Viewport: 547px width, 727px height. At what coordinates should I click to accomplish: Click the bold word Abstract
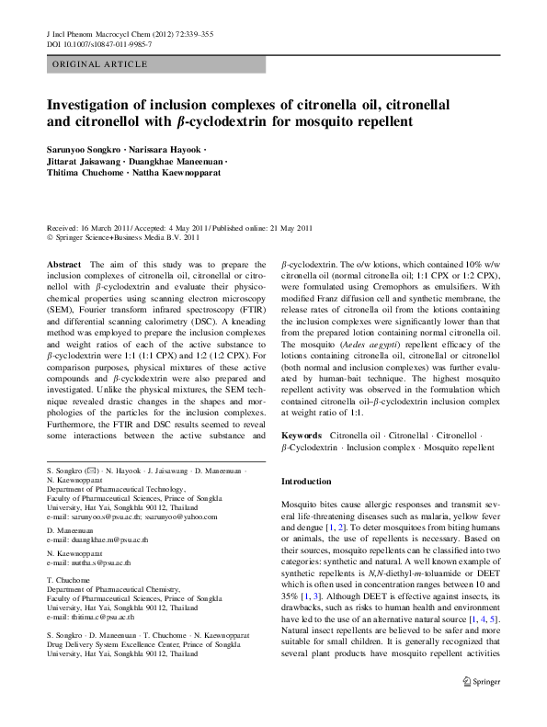(x=63, y=264)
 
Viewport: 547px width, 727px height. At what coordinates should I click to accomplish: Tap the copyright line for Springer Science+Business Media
(x=121, y=236)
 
